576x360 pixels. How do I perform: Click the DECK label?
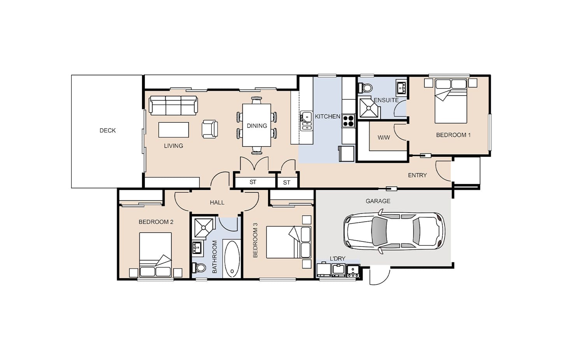[107, 131]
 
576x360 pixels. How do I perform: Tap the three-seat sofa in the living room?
[174, 105]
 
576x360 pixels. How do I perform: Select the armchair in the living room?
[210, 129]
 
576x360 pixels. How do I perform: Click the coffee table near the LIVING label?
[174, 130]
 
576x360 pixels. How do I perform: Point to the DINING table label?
[257, 126]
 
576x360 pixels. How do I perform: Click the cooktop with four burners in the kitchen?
[348, 121]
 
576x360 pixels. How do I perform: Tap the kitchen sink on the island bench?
[306, 121]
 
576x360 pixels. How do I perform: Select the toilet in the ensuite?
[365, 88]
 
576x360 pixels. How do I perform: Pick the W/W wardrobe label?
[384, 137]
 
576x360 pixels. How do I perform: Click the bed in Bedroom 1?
[451, 101]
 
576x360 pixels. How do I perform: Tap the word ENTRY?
[417, 176]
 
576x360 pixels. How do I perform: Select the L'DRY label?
[338, 258]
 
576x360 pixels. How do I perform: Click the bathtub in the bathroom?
[232, 259]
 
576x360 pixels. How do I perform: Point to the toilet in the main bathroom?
[199, 268]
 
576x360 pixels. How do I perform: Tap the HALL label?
[217, 203]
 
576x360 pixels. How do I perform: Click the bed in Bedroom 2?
[155, 255]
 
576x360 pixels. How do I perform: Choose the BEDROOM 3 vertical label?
[255, 240]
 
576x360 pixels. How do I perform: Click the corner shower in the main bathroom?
[204, 228]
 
